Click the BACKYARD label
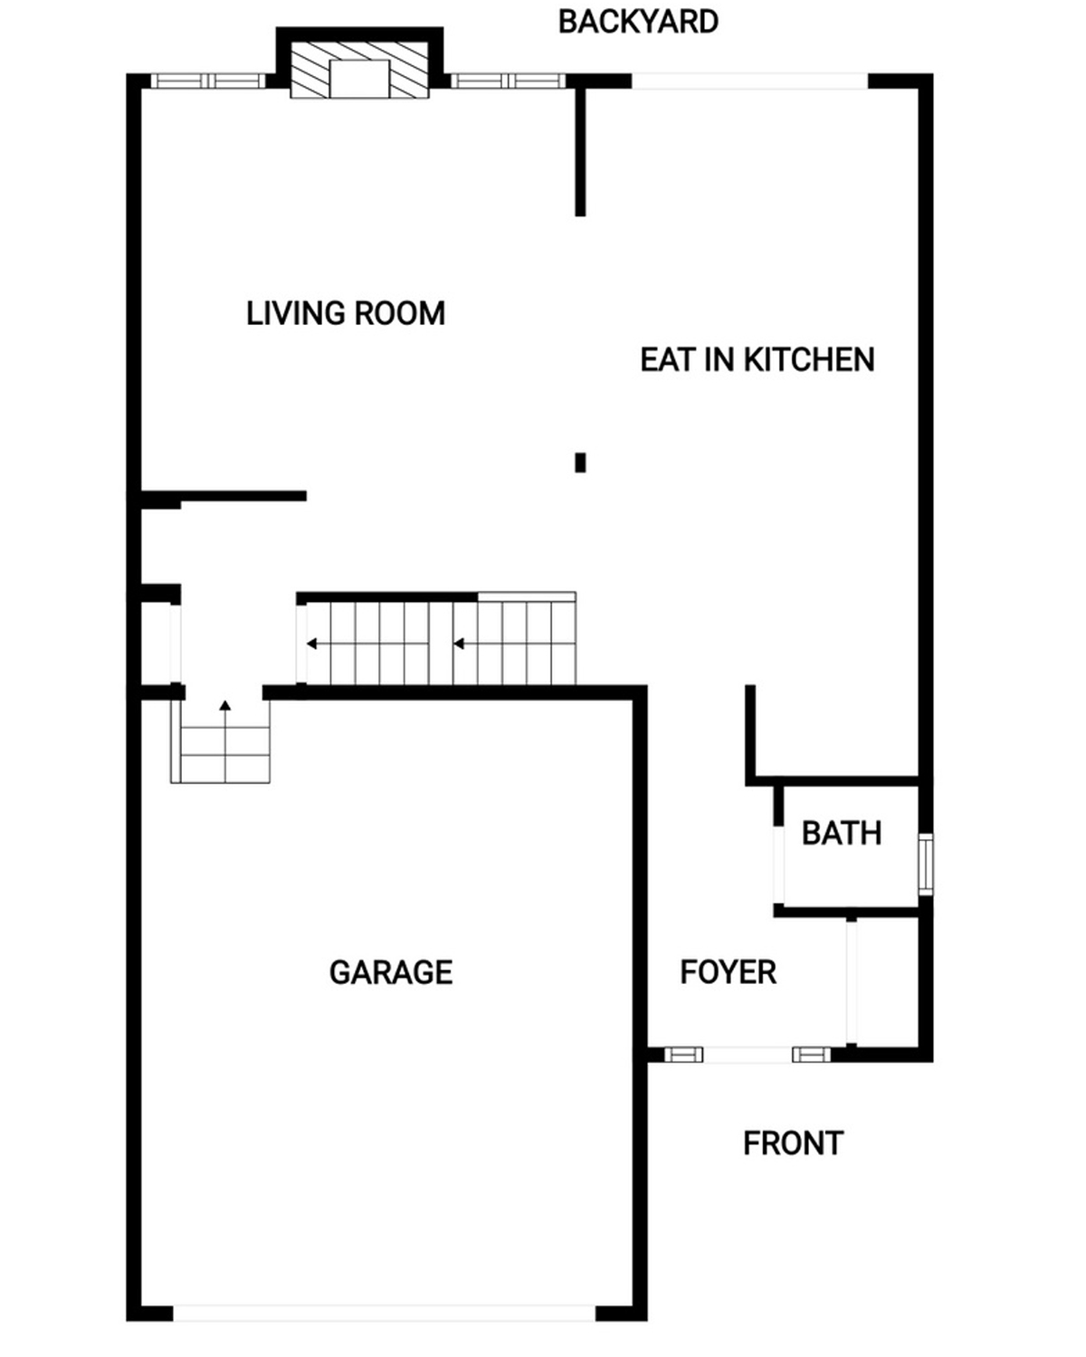[638, 22]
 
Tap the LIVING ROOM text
[346, 313]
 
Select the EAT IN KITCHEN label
[757, 360]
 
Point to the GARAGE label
[391, 972]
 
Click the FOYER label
[728, 971]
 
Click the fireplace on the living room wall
[359, 71]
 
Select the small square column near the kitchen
[580, 463]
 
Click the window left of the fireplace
[208, 81]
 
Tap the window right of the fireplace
[508, 81]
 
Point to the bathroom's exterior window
[925, 864]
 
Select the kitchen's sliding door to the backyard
[750, 81]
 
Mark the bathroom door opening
[779, 865]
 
